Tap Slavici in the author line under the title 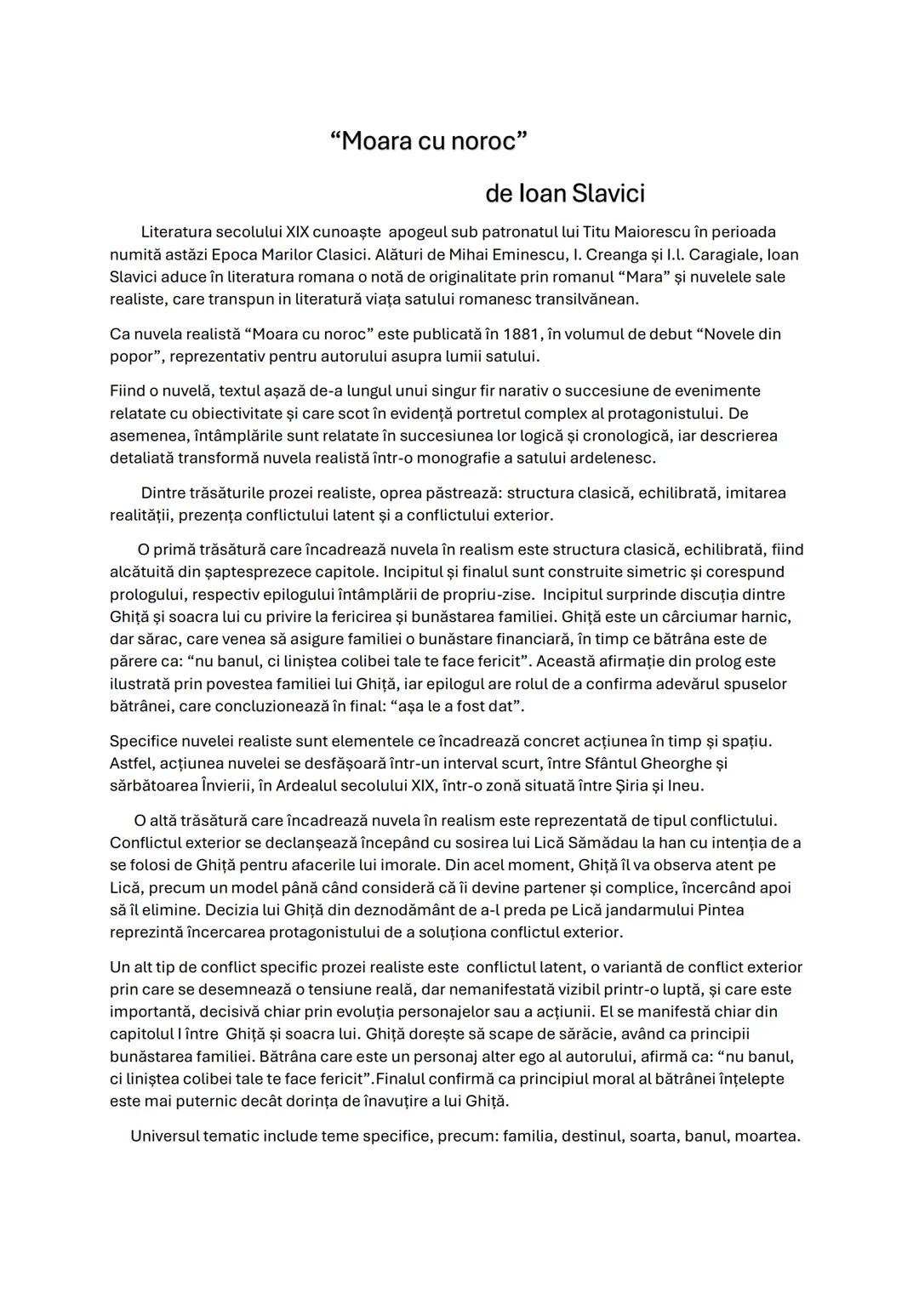coord(608,194)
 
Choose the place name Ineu coord(684,785)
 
